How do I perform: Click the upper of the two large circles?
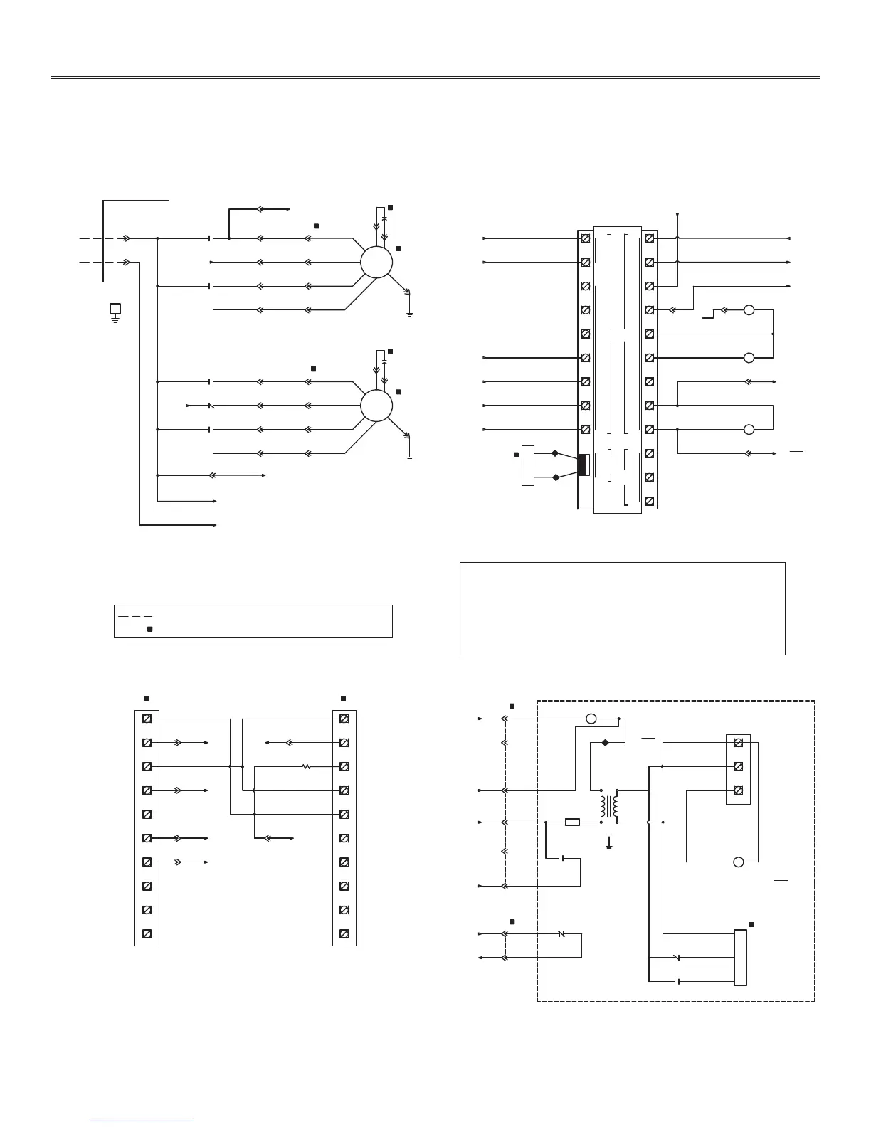(x=376, y=263)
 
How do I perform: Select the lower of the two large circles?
(x=376, y=406)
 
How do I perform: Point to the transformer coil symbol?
(x=609, y=806)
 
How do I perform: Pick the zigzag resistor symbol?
(x=306, y=766)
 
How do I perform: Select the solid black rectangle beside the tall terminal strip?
(x=584, y=465)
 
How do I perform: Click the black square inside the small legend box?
(x=149, y=629)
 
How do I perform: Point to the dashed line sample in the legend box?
(x=135, y=615)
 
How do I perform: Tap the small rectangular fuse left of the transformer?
(x=572, y=822)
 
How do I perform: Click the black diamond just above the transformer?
(x=606, y=743)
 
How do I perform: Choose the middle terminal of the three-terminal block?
(x=738, y=766)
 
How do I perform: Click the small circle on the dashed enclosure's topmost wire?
(x=591, y=719)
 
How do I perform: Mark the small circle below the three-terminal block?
(x=738, y=862)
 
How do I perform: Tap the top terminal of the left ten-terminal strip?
(x=147, y=719)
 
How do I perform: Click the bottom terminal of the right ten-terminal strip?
(x=344, y=933)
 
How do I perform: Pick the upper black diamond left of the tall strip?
(x=555, y=453)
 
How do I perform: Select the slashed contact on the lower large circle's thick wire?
(x=211, y=406)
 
